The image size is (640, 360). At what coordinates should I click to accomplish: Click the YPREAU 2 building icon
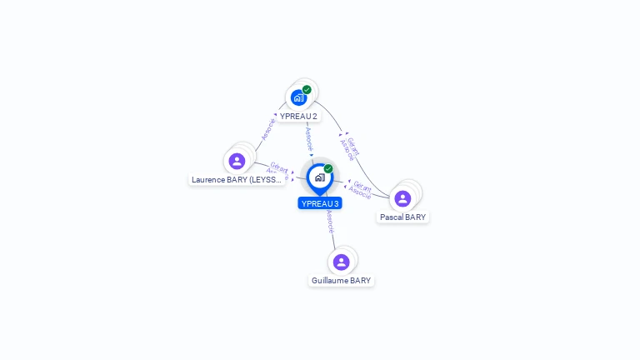click(x=298, y=98)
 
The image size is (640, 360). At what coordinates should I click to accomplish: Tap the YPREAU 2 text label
click(x=298, y=117)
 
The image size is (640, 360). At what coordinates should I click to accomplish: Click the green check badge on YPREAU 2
click(x=307, y=89)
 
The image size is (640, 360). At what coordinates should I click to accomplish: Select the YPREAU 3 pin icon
click(x=319, y=177)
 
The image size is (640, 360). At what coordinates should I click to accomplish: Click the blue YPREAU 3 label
click(x=320, y=203)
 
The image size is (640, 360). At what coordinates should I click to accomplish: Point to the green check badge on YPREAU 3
click(x=328, y=168)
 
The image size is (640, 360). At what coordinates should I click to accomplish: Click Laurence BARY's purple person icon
click(x=237, y=161)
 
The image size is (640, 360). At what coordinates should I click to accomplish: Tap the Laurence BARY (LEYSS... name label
click(x=237, y=179)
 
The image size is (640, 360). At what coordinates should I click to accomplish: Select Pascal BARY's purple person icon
click(x=402, y=198)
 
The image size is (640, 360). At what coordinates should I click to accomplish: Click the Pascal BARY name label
click(x=402, y=217)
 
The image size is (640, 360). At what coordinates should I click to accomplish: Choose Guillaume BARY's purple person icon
click(x=341, y=262)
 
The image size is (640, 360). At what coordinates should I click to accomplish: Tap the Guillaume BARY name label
click(x=341, y=281)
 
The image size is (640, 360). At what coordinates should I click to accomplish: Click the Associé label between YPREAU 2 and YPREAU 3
click(x=308, y=137)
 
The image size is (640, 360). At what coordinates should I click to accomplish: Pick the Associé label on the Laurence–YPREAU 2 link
click(x=267, y=128)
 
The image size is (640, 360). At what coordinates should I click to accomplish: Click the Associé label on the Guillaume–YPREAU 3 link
click(x=330, y=221)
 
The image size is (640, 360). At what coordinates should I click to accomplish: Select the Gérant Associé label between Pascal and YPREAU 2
click(x=351, y=147)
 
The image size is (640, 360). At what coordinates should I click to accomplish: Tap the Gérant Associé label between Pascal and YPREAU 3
click(x=361, y=189)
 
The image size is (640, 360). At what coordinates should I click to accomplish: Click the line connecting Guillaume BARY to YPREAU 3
click(x=333, y=237)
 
